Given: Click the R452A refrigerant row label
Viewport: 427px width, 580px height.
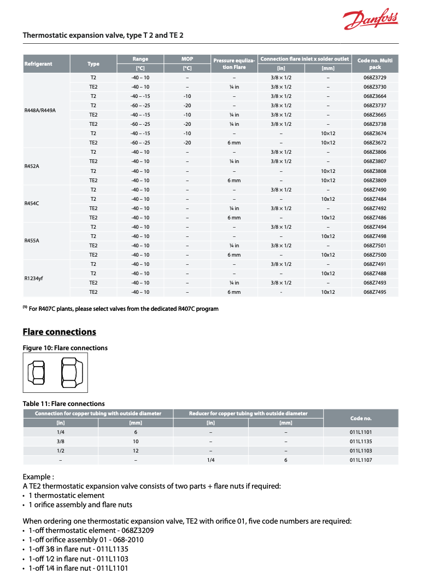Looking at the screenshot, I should point(32,166).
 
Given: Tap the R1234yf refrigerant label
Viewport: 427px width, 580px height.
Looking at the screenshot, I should point(33,278).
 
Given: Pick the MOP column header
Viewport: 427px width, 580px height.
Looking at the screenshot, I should point(187,59).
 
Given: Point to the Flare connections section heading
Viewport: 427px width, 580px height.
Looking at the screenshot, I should point(59,332).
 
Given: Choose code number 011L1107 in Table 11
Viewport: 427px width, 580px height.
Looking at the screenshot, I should point(361,460).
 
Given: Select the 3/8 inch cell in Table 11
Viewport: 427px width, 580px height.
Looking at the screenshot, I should point(60,442).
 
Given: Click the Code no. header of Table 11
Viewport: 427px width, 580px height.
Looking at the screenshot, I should point(361,418).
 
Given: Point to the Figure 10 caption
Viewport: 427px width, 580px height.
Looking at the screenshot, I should point(65,348).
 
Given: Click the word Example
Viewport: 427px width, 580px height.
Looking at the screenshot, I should point(38,477).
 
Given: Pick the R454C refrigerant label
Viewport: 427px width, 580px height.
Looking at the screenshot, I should point(32,204).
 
